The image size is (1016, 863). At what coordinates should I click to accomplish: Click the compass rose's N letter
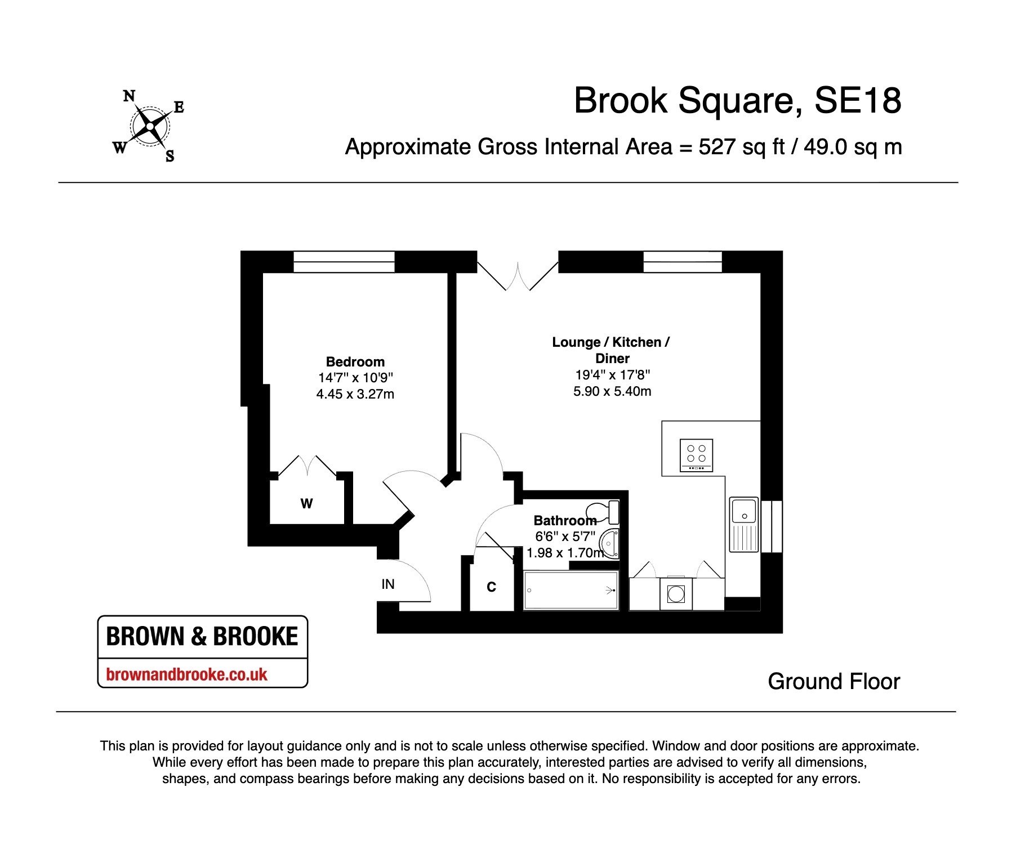[129, 96]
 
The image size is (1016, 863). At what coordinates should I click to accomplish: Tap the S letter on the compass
[170, 156]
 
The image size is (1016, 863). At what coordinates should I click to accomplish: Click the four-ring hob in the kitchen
[696, 455]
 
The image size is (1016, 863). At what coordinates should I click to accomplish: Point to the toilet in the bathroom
[604, 512]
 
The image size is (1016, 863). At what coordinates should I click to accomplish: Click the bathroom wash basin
[609, 543]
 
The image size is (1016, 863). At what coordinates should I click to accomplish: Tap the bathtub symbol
[571, 590]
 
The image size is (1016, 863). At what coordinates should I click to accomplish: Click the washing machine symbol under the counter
[676, 593]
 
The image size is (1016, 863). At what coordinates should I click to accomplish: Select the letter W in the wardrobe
[306, 503]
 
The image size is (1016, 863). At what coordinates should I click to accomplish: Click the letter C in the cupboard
[491, 587]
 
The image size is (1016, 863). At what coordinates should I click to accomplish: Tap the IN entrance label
[388, 584]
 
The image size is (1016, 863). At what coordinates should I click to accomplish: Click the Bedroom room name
[355, 361]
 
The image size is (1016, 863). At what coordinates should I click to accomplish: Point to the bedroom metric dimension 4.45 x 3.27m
[355, 394]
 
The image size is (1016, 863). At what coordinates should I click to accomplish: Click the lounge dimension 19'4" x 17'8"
[613, 374]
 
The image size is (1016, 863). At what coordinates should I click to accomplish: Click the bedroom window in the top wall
[344, 262]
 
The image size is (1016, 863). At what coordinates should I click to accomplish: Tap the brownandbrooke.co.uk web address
[186, 674]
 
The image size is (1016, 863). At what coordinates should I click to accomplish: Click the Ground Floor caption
[834, 681]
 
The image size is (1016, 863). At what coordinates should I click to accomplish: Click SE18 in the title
[858, 101]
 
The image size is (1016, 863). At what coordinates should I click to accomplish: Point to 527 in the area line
[717, 147]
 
